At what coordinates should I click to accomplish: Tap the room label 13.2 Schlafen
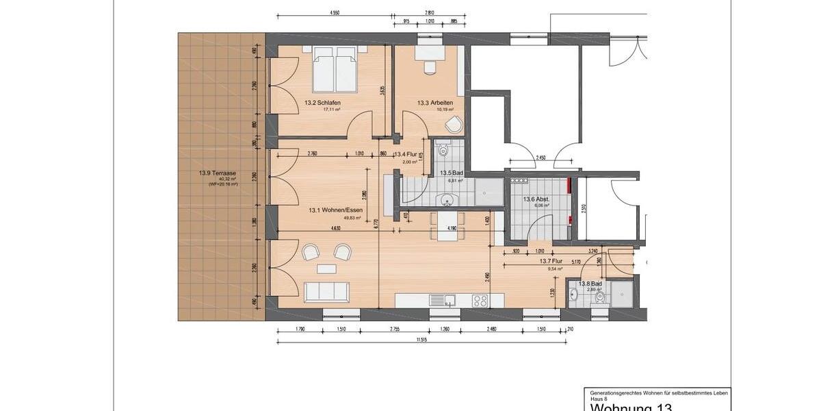pyautogui.click(x=322, y=103)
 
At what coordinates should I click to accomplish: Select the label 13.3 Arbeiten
pyautogui.click(x=433, y=103)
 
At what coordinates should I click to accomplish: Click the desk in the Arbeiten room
pyautogui.click(x=430, y=55)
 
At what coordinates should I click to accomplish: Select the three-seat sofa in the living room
pyautogui.click(x=326, y=292)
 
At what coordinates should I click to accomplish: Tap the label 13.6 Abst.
pyautogui.click(x=536, y=199)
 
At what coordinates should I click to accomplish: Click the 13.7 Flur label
pyautogui.click(x=550, y=262)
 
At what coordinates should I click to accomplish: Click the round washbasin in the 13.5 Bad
pyautogui.click(x=447, y=200)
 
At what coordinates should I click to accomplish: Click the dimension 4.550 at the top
pyautogui.click(x=335, y=12)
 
